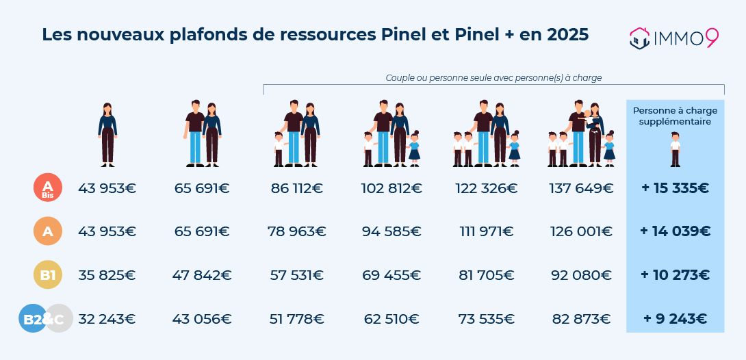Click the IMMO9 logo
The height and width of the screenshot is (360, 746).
coord(673,38)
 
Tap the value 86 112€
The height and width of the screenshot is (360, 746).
coord(297,188)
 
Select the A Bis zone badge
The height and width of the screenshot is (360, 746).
coord(48,188)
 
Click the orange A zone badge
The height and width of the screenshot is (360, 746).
coord(48,231)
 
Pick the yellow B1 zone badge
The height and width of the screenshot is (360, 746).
coord(48,275)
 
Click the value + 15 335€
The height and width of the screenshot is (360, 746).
coord(675,188)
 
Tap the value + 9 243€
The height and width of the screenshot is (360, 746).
coord(675,318)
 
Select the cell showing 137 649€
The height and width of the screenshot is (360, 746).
coord(580,188)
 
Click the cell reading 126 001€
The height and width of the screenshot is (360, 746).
coord(580,231)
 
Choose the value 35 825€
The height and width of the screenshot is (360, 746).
coord(107,275)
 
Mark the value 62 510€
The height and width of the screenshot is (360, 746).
coord(391,318)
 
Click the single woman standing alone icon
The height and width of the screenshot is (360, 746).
coord(107,135)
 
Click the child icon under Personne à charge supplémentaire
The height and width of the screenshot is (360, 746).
coord(676,151)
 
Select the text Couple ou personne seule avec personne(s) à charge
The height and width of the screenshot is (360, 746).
coord(493,78)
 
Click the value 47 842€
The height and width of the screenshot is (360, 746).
coord(203,275)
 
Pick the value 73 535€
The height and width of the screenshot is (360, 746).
coord(486,318)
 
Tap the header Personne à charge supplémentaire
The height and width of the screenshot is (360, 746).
coord(675,116)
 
